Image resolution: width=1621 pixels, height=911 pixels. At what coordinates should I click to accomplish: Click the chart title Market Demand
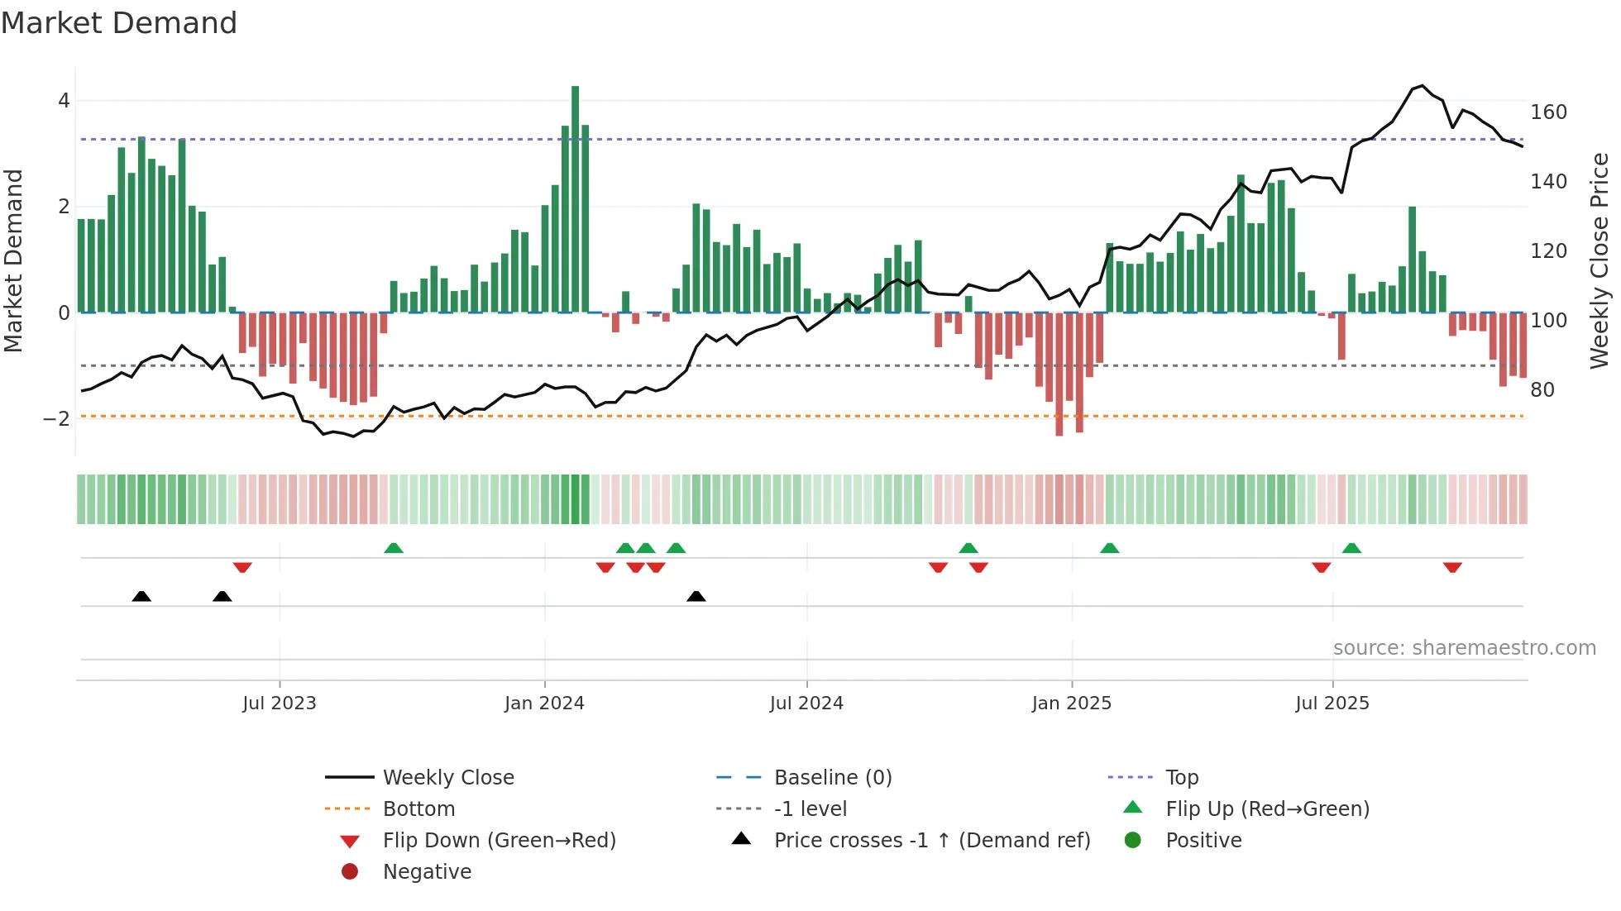(x=119, y=23)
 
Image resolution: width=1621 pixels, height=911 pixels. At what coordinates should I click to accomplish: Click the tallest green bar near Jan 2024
(x=575, y=198)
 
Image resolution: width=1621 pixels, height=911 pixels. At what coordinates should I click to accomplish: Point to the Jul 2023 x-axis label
(x=280, y=704)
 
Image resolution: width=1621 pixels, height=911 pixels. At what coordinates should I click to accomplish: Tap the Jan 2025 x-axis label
(x=1071, y=704)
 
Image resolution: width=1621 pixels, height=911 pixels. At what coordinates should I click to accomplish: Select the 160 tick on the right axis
(x=1548, y=112)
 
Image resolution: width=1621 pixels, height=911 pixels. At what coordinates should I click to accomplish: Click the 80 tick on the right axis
(x=1542, y=389)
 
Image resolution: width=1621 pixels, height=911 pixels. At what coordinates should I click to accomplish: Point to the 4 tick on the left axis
(x=64, y=101)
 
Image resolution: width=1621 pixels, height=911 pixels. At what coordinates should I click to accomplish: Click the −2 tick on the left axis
(x=56, y=419)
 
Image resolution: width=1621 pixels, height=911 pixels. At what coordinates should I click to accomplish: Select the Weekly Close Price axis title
(x=1599, y=260)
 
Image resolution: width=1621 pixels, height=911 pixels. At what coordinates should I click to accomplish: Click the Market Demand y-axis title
(x=14, y=260)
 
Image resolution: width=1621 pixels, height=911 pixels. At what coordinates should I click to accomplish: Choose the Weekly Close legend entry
(x=447, y=778)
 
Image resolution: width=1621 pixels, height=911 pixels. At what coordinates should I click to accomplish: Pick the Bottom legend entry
(x=418, y=809)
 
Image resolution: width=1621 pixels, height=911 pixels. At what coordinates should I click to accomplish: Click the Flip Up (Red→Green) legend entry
(x=1267, y=809)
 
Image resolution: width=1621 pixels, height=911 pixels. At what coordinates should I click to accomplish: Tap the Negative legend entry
(x=427, y=872)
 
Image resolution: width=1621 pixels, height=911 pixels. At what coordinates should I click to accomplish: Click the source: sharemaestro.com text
(x=1464, y=648)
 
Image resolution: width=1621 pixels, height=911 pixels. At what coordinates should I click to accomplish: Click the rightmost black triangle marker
(x=696, y=597)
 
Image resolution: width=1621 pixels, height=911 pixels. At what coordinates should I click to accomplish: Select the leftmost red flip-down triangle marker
(x=242, y=567)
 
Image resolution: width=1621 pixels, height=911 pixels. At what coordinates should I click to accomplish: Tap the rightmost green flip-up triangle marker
(x=1351, y=548)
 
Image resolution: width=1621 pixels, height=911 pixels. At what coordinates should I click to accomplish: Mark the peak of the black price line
(x=1422, y=86)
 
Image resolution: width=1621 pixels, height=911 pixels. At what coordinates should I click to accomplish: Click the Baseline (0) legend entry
(x=832, y=778)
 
